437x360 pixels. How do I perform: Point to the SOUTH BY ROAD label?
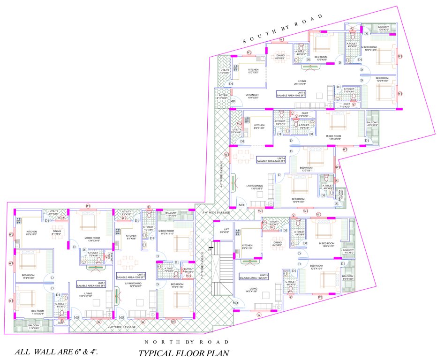click(x=283, y=29)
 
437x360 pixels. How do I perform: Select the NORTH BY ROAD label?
click(x=187, y=342)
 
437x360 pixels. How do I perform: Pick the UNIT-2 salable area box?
click(x=132, y=276)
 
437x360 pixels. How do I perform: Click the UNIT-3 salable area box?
click(x=253, y=277)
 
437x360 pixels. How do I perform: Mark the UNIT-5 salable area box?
click(x=291, y=94)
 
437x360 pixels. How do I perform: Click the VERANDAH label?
click(x=253, y=96)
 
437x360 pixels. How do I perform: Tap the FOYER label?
click(x=222, y=97)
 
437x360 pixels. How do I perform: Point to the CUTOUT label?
click(x=189, y=270)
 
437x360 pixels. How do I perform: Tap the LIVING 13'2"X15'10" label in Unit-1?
click(x=85, y=295)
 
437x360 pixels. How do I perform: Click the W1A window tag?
click(x=60, y=217)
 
